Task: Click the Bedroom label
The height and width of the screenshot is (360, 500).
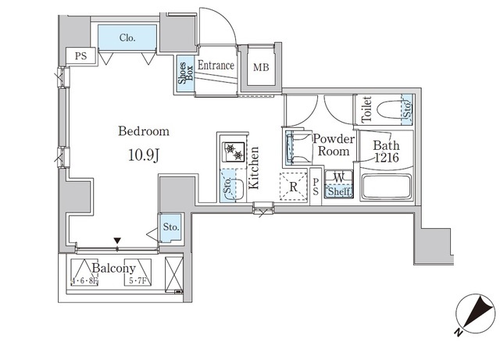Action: (144, 131)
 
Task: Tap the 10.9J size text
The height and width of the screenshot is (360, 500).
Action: (144, 155)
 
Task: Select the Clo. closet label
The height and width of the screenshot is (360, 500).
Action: (127, 38)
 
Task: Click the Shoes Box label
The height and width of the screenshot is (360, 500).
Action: (186, 73)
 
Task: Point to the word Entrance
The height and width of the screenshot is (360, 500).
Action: (216, 66)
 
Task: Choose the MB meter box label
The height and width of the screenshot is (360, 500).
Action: (261, 68)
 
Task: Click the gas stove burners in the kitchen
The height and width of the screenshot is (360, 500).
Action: (234, 151)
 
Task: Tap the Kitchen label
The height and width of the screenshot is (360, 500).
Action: (254, 168)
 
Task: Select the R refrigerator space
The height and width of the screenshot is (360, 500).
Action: (294, 187)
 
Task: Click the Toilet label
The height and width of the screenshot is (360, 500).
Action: (366, 109)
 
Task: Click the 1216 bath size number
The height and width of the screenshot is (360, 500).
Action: (387, 158)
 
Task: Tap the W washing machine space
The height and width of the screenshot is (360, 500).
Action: (338, 178)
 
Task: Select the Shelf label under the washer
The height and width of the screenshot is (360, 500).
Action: (339, 192)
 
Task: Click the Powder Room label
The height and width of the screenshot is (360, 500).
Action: (334, 145)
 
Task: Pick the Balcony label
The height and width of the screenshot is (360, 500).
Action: (114, 269)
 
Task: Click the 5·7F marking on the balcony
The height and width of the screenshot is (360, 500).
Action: (137, 282)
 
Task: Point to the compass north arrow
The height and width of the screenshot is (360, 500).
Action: (473, 315)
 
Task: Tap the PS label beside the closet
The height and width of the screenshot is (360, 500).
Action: (80, 56)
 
